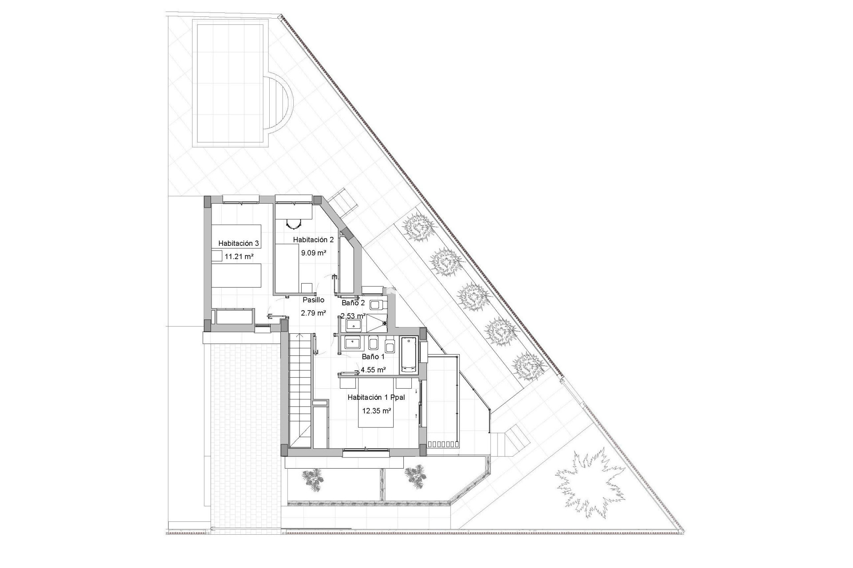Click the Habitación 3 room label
[x=239, y=243]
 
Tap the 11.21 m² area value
[x=239, y=256]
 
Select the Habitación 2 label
[x=313, y=240]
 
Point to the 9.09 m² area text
[x=314, y=253]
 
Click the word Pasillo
[x=314, y=300]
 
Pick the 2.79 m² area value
[x=314, y=312]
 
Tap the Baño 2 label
[x=353, y=303]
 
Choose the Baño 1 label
[x=373, y=356]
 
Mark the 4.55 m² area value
[x=373, y=369]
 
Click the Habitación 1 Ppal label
[x=376, y=398]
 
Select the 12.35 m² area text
[x=377, y=411]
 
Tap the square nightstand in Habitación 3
[x=216, y=256]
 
